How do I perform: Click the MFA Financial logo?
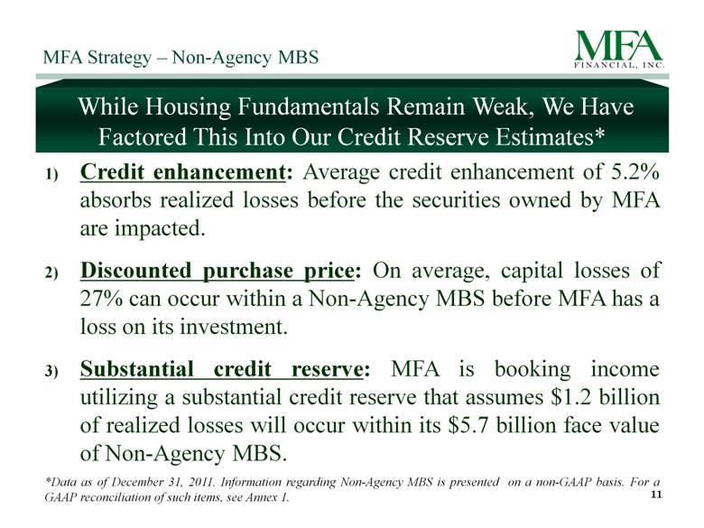[x=619, y=50]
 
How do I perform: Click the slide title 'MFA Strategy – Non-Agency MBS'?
[x=181, y=58]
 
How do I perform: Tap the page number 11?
[x=656, y=495]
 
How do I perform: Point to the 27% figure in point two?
[x=100, y=299]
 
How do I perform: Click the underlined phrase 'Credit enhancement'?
[x=182, y=172]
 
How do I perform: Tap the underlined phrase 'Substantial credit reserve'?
[x=221, y=370]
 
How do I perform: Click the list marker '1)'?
[x=51, y=175]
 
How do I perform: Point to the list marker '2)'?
[x=51, y=273]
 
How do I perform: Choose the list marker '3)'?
[x=51, y=371]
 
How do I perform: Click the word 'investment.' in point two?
[x=234, y=327]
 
